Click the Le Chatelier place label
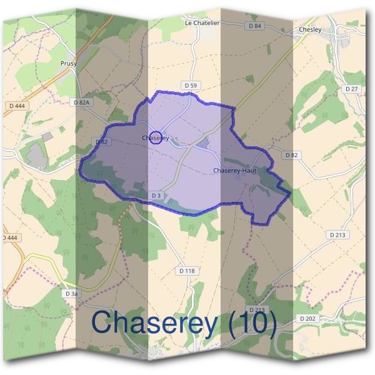pyautogui.click(x=202, y=23)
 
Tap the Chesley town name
pyautogui.click(x=310, y=29)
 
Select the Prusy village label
pyautogui.click(x=68, y=64)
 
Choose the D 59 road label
pyautogui.click(x=191, y=84)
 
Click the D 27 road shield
pyautogui.click(x=352, y=89)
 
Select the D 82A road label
pyautogui.click(x=82, y=102)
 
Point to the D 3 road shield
pyautogui.click(x=157, y=196)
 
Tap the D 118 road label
pyautogui.click(x=187, y=271)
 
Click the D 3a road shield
pyautogui.click(x=72, y=293)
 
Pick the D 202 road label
pyautogui.click(x=307, y=318)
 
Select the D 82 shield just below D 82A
pyautogui.click(x=102, y=142)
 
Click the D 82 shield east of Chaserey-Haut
pyautogui.click(x=290, y=154)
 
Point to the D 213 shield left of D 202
pyautogui.click(x=257, y=309)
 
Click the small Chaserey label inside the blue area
pyautogui.click(x=156, y=137)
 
